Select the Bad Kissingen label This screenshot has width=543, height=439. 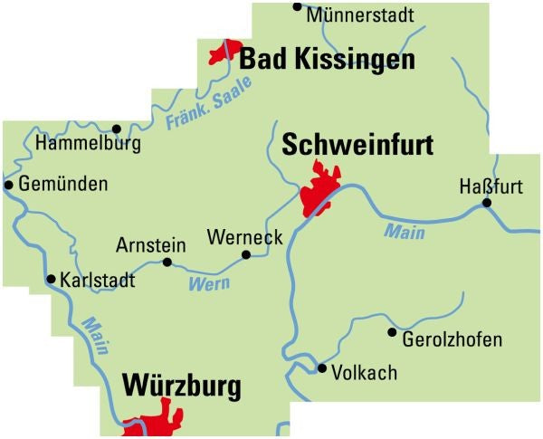(x=328, y=61)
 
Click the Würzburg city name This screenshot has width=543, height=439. (x=181, y=387)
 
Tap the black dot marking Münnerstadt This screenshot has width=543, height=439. (x=297, y=7)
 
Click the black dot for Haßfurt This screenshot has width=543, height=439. (x=486, y=203)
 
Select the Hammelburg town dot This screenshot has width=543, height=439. (x=116, y=129)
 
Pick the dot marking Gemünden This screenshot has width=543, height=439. (x=9, y=185)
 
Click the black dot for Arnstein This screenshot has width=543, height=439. (x=167, y=262)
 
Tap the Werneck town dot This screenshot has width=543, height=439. (x=245, y=255)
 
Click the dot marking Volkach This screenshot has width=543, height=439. (x=321, y=367)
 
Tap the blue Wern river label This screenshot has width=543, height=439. (x=209, y=283)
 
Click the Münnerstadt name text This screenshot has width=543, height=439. (x=360, y=15)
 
